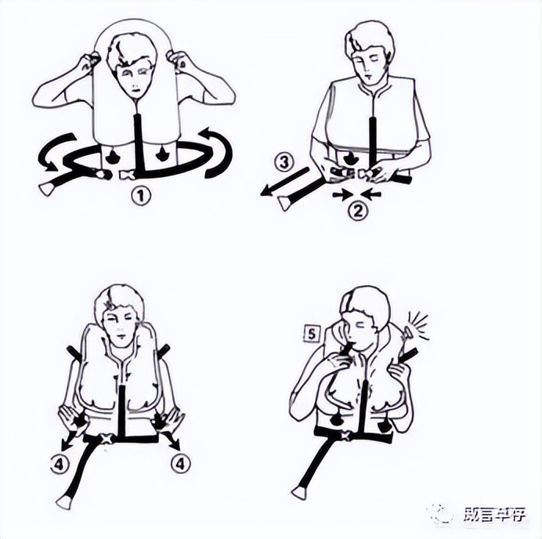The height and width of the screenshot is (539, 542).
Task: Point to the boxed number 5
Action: coord(313,334)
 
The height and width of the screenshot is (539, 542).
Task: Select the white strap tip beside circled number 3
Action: coord(285,204)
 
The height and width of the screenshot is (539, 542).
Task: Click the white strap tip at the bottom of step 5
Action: coord(298,493)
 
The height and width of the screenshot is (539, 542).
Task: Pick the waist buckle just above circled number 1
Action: coord(125,176)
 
